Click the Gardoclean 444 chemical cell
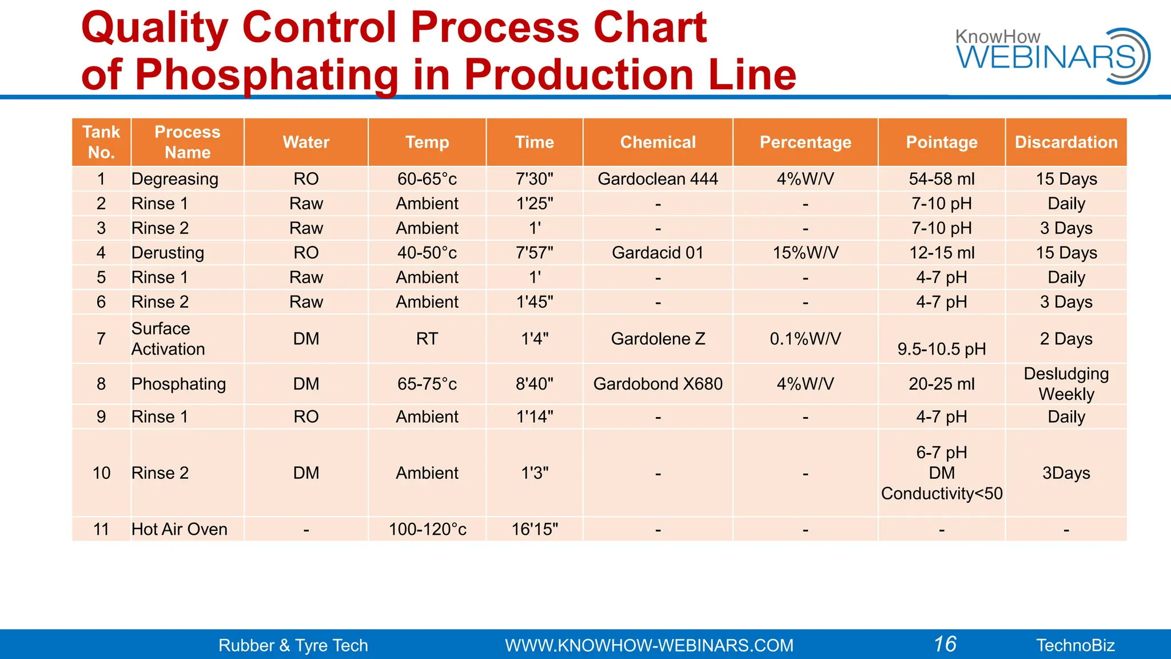click(658, 179)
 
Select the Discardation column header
click(1066, 142)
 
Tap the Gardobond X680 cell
click(658, 384)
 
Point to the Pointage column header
click(941, 142)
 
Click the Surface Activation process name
click(168, 339)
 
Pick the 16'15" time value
click(535, 529)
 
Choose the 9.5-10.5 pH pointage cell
click(941, 349)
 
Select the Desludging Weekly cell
click(1066, 384)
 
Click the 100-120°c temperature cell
click(427, 529)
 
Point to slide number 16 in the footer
click(945, 644)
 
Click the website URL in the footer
click(649, 645)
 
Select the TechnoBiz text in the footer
click(1075, 645)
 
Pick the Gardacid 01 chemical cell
click(658, 253)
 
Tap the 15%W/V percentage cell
click(805, 253)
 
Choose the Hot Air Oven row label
click(179, 529)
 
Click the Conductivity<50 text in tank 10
click(941, 494)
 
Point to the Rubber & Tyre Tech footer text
click(293, 645)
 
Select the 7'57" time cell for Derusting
click(535, 253)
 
